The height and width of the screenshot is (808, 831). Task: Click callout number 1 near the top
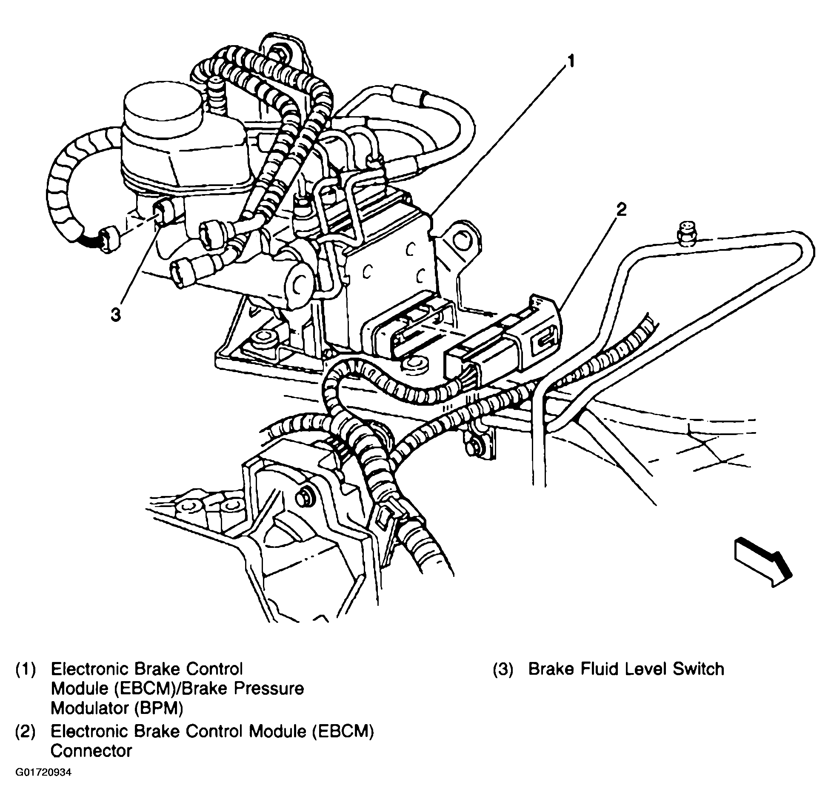[571, 62]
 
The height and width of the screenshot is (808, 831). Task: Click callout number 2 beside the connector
[622, 210]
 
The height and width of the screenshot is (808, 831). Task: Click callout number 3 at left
[115, 315]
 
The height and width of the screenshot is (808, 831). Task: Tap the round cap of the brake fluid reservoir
[162, 109]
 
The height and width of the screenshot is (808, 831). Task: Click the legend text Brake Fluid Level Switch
[626, 669]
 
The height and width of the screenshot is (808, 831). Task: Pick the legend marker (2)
[26, 731]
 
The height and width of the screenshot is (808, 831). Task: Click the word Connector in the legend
[91, 751]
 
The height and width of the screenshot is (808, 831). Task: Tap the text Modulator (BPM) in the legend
[117, 708]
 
